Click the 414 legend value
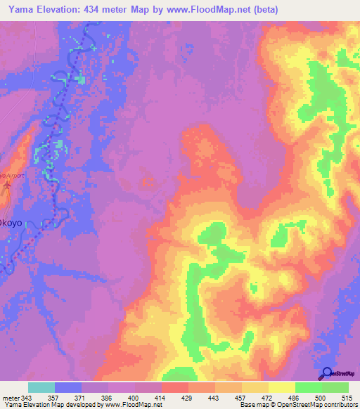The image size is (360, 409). [x=161, y=398]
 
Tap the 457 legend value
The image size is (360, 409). [x=242, y=398]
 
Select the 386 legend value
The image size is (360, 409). [x=108, y=398]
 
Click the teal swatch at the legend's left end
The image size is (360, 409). [x=41, y=387]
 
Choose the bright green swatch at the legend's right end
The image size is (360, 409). [x=335, y=387]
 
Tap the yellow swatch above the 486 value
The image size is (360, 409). [x=282, y=387]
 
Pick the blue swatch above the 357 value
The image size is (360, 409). [x=68, y=387]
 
